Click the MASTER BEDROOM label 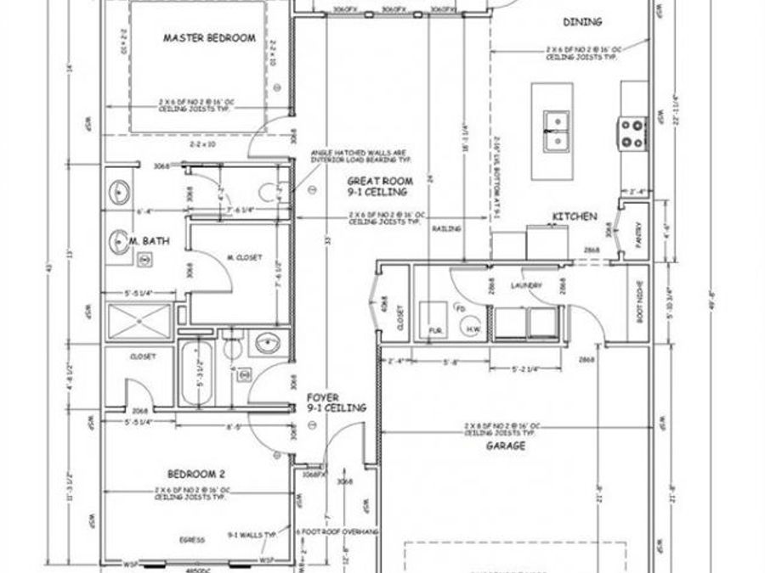click(208, 37)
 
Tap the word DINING click(583, 21)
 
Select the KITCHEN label click(574, 217)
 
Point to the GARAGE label click(505, 445)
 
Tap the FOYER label click(323, 397)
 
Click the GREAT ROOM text click(380, 181)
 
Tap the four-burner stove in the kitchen click(632, 132)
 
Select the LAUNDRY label click(526, 285)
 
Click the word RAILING click(446, 229)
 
